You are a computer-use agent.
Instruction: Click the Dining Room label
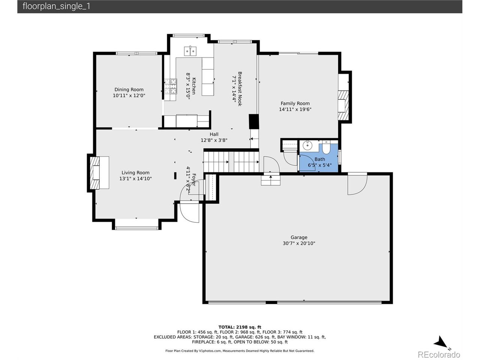point(129,89)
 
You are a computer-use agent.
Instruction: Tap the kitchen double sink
point(190,51)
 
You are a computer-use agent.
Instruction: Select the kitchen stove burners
point(171,86)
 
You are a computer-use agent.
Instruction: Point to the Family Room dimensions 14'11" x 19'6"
point(295,109)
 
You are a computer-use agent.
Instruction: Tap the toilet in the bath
point(326,147)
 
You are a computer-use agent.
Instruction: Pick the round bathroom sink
point(307,145)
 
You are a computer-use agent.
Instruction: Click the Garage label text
point(299,237)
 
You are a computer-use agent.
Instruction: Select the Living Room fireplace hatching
point(94,172)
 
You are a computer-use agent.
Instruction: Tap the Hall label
point(214,134)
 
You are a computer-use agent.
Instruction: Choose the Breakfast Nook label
point(240,89)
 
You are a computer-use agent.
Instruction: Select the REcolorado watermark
point(438,354)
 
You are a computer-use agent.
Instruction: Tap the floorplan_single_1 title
point(56,6)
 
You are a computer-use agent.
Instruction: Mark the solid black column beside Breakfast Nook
point(253,121)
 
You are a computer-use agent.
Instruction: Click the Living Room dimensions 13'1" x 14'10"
point(135,178)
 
